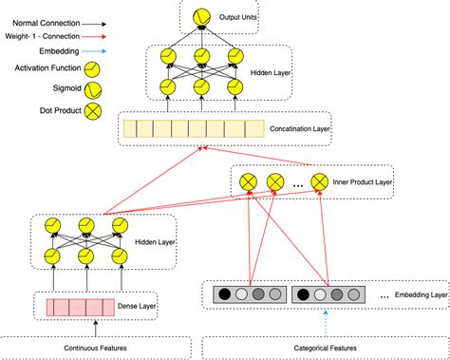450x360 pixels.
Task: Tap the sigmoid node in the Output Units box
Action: tap(200, 17)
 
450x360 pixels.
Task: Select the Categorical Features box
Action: tap(325, 347)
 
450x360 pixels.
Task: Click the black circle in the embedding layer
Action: tap(224, 295)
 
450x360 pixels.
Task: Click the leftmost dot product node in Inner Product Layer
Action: tap(249, 180)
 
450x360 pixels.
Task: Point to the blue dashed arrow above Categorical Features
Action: tap(326, 320)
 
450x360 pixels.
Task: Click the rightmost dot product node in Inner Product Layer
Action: tap(319, 180)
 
